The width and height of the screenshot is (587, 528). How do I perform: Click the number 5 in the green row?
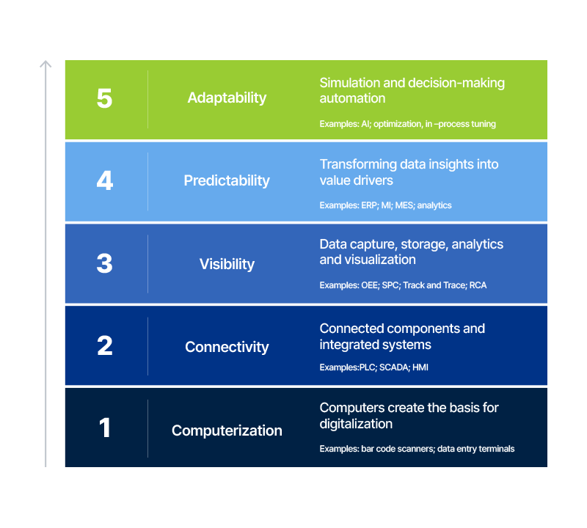(x=104, y=98)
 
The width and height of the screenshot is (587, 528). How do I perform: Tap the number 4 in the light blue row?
(x=104, y=180)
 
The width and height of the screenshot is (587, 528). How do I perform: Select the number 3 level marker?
(x=104, y=264)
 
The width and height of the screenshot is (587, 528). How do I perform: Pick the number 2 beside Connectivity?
(x=104, y=346)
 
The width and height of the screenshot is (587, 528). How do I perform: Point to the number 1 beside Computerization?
(x=104, y=428)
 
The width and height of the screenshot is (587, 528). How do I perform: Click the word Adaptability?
(x=227, y=98)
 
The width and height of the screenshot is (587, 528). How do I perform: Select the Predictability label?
(x=227, y=180)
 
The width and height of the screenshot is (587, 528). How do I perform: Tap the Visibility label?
(x=227, y=264)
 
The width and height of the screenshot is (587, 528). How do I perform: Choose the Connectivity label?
(x=227, y=347)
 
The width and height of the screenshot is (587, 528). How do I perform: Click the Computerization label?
(x=227, y=430)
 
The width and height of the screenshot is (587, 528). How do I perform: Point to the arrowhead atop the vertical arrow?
(x=45, y=65)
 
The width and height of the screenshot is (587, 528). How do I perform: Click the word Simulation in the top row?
(x=349, y=83)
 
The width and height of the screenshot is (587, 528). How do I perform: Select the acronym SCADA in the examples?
(x=393, y=367)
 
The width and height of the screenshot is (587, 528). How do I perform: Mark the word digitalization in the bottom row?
(x=356, y=424)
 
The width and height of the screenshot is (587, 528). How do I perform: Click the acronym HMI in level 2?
(x=420, y=367)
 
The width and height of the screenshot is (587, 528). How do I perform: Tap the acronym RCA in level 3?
(x=477, y=285)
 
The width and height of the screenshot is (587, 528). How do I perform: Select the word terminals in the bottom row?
(x=495, y=449)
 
